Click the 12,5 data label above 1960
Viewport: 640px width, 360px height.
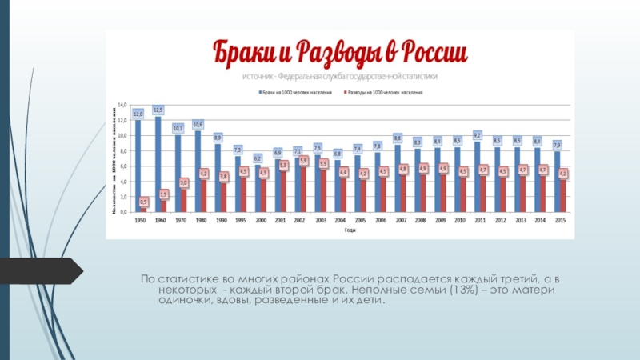click(x=158, y=110)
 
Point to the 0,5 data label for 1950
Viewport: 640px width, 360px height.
click(x=144, y=202)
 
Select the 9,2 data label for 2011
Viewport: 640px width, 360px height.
click(x=478, y=135)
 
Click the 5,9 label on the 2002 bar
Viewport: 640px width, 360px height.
click(x=304, y=161)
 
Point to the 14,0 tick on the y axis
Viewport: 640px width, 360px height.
click(x=123, y=105)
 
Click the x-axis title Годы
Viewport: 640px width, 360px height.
click(x=350, y=230)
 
